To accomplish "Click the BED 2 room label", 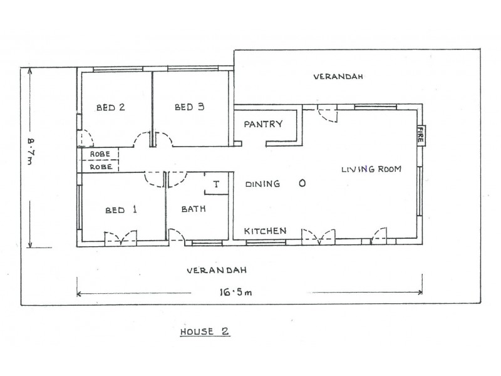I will click(x=110, y=108).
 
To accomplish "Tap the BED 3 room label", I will click(x=190, y=108).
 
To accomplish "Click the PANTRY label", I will click(x=264, y=124).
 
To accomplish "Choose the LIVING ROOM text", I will click(x=371, y=169).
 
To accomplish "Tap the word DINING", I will click(x=262, y=184).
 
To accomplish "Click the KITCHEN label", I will click(x=266, y=231).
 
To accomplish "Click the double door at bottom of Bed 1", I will click(x=120, y=238).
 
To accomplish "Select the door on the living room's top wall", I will click(x=327, y=113).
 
